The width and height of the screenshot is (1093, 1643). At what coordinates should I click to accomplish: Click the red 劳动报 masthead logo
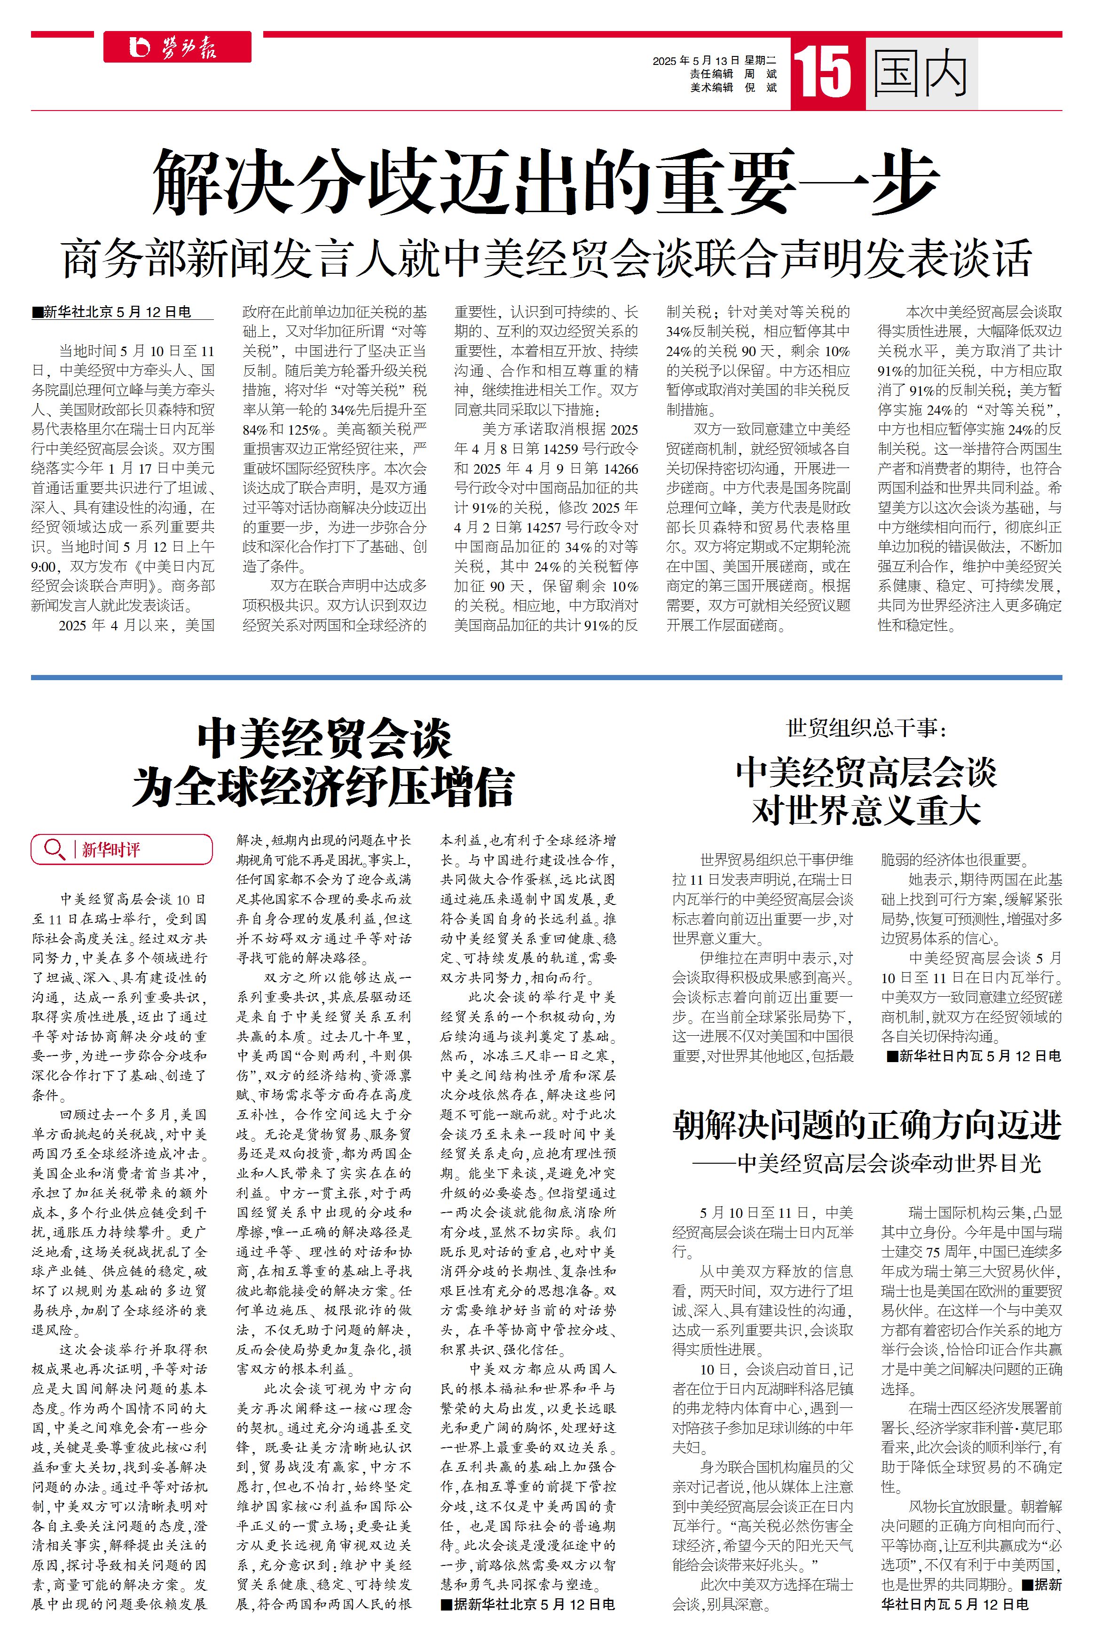(x=177, y=48)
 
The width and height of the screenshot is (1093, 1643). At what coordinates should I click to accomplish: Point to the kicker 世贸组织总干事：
(x=866, y=728)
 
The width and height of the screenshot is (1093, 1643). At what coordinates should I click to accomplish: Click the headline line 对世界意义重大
(x=866, y=810)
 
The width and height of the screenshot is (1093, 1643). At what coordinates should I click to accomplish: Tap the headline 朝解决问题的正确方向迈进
(x=866, y=1125)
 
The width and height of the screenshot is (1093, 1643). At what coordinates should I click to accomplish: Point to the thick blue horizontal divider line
(x=546, y=677)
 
